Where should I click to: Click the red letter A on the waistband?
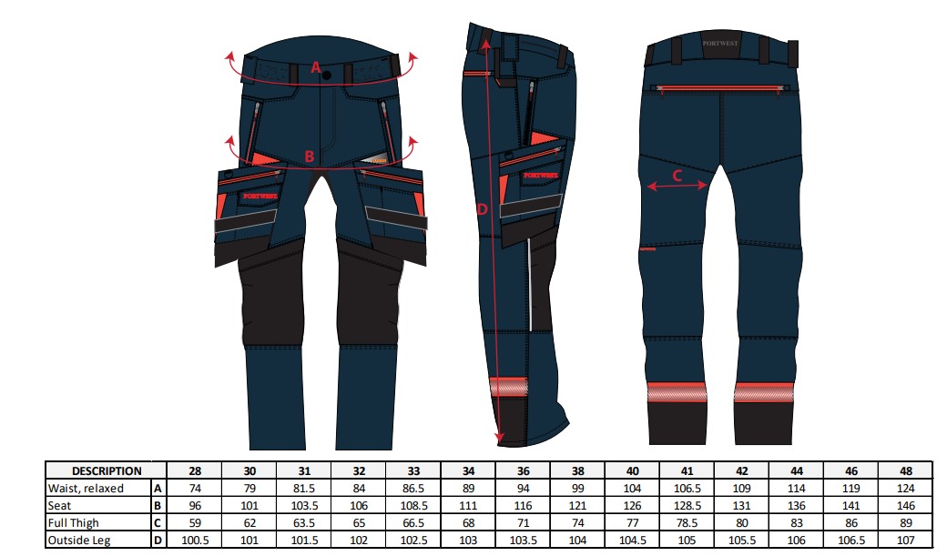click(x=316, y=67)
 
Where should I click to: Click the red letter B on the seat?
click(x=310, y=157)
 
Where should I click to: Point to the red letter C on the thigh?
click(x=677, y=176)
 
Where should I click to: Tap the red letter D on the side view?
click(x=482, y=209)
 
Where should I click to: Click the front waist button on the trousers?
click(x=327, y=76)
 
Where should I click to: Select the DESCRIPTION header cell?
click(x=107, y=470)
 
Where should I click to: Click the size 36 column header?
click(x=523, y=470)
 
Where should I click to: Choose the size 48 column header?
click(x=906, y=470)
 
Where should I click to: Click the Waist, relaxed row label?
click(x=86, y=489)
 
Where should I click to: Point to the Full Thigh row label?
click(x=73, y=523)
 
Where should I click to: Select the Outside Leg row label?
click(x=79, y=541)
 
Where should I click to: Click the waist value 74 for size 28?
click(x=195, y=489)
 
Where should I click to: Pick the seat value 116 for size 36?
click(x=523, y=506)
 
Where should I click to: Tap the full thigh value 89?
click(x=906, y=523)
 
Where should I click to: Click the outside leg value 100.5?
click(x=195, y=541)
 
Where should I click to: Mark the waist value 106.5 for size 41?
click(x=687, y=489)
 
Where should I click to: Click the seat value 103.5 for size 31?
click(x=304, y=506)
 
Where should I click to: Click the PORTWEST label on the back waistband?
click(x=720, y=44)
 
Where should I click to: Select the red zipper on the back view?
click(x=722, y=89)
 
